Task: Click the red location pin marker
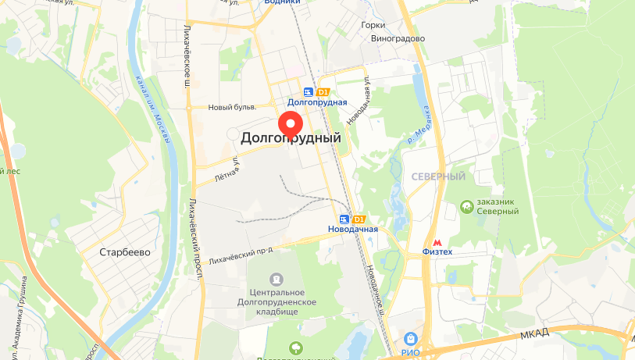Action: [x=291, y=124]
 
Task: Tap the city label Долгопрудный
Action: [x=291, y=138]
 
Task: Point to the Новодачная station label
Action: [x=353, y=229]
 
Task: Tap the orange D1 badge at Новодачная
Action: [x=360, y=219]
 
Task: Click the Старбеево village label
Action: [x=125, y=252]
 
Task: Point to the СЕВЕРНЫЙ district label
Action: [x=438, y=177]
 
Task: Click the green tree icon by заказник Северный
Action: [x=466, y=205]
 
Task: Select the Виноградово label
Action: [x=398, y=37]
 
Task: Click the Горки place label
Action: [x=373, y=25]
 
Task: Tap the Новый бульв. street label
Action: [x=232, y=108]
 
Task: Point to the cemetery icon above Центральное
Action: [x=276, y=279]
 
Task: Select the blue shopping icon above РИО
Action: [x=410, y=338]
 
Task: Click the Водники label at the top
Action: [x=282, y=2]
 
